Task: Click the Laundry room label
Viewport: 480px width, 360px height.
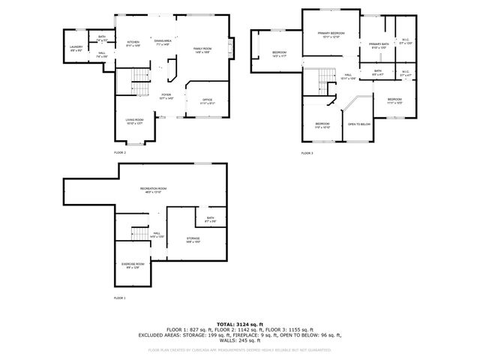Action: pos(76,49)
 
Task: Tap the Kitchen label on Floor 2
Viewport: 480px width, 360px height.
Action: pos(133,43)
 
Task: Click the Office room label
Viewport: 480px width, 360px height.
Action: pos(208,101)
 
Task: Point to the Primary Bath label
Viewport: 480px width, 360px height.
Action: pos(379,46)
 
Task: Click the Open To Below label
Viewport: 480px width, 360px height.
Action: pos(359,124)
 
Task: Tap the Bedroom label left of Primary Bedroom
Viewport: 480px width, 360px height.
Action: pos(279,52)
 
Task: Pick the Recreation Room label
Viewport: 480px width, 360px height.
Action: pos(153,189)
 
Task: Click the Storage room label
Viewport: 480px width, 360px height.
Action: pos(193,241)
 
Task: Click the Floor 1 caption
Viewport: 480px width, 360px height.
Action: pos(120,298)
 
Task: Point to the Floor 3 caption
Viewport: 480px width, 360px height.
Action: pos(307,153)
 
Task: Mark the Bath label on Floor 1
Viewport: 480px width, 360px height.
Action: pos(211,219)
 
